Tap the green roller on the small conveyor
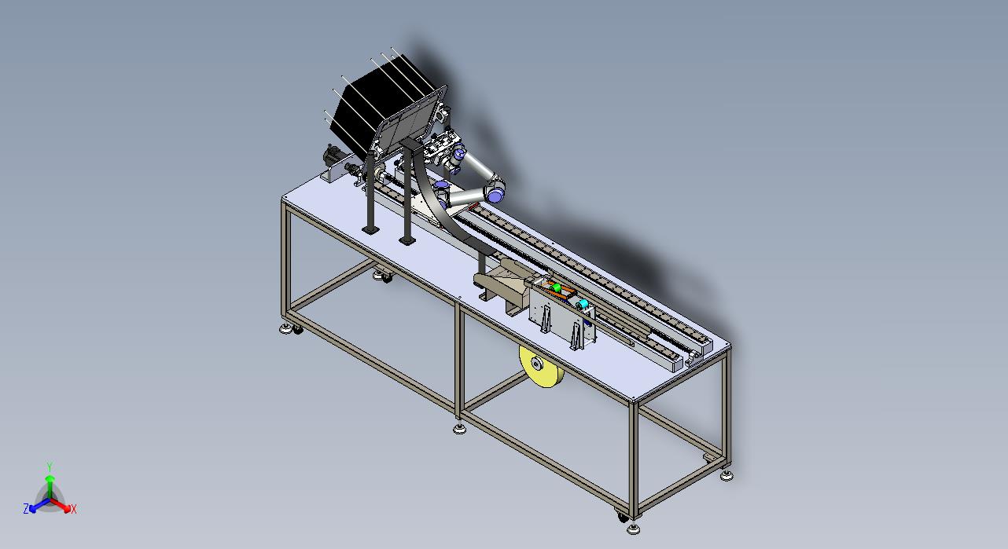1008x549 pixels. click(x=557, y=288)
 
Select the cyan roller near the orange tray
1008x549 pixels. click(x=583, y=305)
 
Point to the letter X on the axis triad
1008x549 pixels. click(x=74, y=510)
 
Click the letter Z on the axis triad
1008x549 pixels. click(x=26, y=508)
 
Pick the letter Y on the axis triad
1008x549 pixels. click(x=50, y=467)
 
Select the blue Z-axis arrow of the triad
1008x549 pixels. click(x=39, y=505)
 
